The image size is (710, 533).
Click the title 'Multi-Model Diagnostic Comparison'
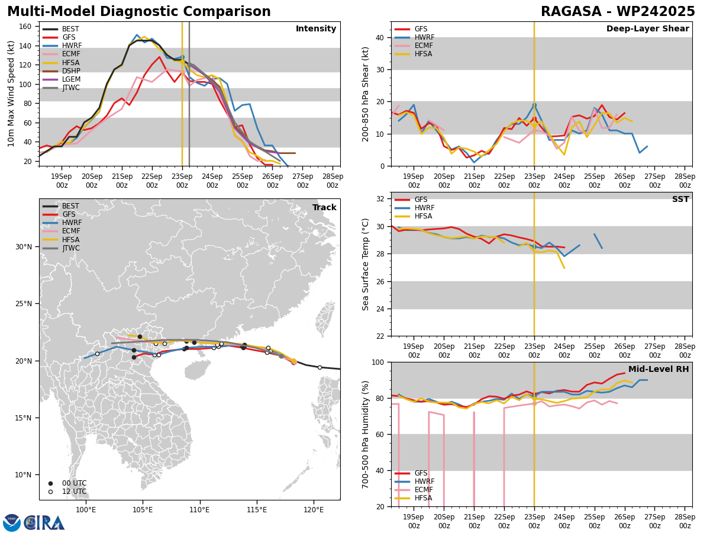tap(139, 12)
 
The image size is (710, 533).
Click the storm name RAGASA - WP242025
tap(618, 12)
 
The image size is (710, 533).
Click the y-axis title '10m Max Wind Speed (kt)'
tap(11, 94)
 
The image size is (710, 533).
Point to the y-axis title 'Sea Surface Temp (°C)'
tap(366, 264)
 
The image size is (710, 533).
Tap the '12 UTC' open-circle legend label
tap(73, 492)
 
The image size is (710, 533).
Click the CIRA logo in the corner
tap(34, 522)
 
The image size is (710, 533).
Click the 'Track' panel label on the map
tap(324, 207)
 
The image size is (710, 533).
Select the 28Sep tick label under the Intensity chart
tap(333, 181)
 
